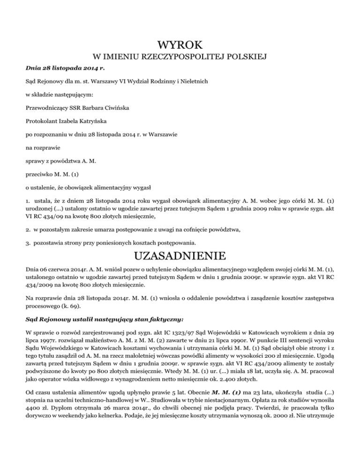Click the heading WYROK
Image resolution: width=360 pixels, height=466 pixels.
click(180, 45)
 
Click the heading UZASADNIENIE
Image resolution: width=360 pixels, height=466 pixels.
click(180, 257)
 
